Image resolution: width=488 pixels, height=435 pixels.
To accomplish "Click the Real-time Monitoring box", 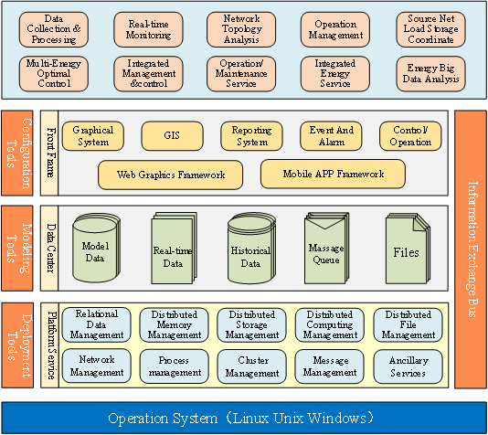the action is (148, 29).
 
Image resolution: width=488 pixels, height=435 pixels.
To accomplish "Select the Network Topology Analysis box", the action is (241, 29).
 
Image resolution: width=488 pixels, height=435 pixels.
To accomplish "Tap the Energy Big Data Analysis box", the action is (430, 74).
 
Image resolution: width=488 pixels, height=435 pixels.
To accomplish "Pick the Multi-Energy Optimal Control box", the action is (54, 74).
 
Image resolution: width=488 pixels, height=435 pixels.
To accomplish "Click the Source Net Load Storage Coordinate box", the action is (430, 29).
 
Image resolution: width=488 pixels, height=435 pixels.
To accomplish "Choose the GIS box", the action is (172, 136).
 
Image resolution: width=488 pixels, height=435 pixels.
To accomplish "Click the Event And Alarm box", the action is (331, 136).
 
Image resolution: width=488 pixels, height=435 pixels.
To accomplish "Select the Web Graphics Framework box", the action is (171, 175).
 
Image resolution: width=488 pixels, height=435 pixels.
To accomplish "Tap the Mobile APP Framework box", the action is (333, 174).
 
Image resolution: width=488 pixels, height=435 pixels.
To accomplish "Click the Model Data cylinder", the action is (96, 248).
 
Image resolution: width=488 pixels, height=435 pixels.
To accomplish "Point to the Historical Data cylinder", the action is (251, 248).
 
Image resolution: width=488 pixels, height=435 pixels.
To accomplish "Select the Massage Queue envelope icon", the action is (326, 248).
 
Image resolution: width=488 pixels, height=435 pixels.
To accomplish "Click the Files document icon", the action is (408, 249).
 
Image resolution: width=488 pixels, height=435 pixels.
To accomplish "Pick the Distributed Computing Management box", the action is (330, 324).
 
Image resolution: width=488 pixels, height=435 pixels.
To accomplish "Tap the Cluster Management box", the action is (252, 366).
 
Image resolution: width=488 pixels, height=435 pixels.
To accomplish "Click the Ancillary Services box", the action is (408, 366).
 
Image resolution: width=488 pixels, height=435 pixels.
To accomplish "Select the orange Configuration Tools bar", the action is (17, 154).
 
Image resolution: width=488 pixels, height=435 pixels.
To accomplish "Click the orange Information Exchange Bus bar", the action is (471, 249).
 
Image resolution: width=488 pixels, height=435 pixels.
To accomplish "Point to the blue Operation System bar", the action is (244, 418).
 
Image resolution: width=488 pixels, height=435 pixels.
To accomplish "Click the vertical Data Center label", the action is (49, 248).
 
